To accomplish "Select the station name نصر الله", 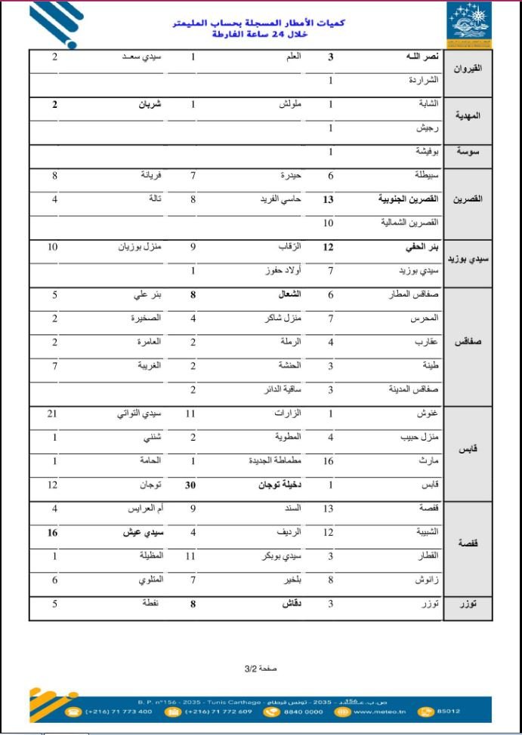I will (416, 57).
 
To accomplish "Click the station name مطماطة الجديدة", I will (276, 460).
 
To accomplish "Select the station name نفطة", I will (153, 603).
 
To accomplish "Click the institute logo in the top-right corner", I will (469, 24).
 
